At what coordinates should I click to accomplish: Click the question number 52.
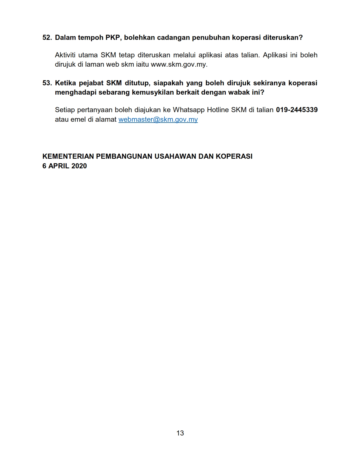[x=47, y=38]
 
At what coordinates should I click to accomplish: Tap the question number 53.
[x=47, y=83]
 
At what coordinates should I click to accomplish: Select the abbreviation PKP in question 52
[x=113, y=38]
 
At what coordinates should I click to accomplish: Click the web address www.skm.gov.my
[x=179, y=64]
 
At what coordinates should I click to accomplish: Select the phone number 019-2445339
[x=297, y=110]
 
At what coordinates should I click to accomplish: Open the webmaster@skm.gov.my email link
[x=158, y=119]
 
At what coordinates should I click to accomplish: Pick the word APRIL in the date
[x=59, y=166]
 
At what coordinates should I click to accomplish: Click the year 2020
[x=79, y=166]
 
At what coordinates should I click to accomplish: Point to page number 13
[x=180, y=433]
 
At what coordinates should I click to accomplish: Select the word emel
[x=78, y=119]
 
